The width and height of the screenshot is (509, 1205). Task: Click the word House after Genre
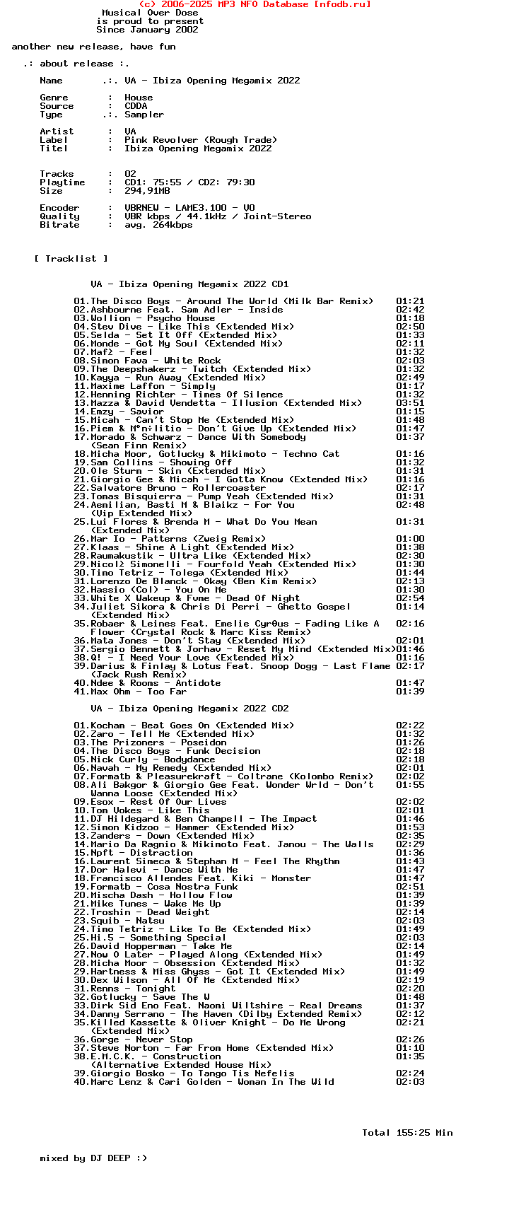pos(139,98)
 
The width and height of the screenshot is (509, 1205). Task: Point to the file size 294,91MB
pos(147,191)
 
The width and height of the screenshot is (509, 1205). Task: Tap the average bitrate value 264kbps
pos(172,225)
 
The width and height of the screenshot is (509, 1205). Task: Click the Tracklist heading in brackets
pos(71,259)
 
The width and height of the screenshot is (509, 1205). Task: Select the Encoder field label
pos(59,208)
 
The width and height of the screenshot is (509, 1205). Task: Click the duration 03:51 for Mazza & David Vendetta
pos(410,403)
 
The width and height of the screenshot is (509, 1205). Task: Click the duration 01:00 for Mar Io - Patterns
pos(410,539)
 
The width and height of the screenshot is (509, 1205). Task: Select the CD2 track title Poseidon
pos(204,743)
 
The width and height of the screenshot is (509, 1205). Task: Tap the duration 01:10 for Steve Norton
pos(410,1048)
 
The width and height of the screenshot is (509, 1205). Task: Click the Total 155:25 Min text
pos(407,1133)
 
